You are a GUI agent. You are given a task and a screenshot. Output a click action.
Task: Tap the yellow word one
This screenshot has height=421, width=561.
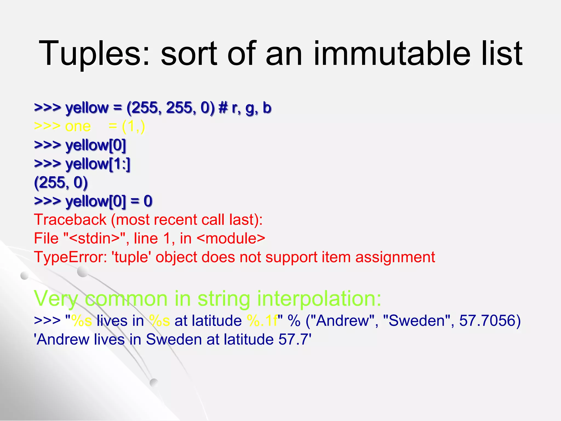click(78, 126)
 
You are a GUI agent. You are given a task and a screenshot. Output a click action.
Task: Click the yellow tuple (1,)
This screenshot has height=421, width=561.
click(133, 126)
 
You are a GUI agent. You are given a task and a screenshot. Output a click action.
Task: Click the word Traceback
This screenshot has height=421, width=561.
click(70, 220)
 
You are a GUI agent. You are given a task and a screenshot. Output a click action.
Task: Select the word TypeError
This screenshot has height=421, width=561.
click(70, 257)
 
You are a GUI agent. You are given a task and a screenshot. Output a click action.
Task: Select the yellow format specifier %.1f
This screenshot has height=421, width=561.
click(262, 320)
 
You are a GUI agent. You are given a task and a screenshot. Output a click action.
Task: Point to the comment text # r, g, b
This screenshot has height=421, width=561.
click(245, 108)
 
